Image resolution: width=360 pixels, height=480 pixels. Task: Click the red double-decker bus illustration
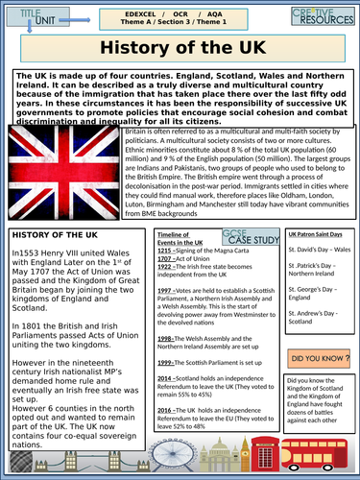pyautogui.click(x=327, y=452)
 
